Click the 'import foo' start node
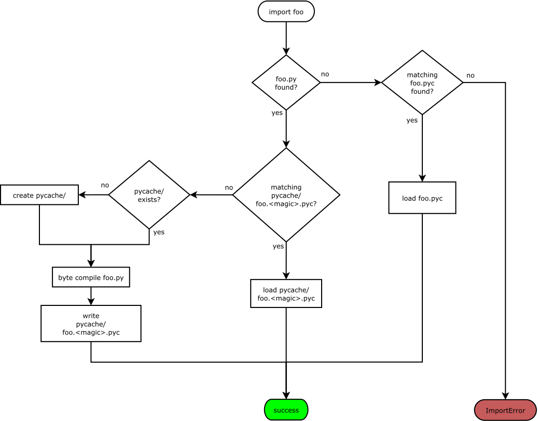point(286,11)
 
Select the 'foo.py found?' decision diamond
point(286,82)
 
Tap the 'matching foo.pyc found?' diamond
point(422,82)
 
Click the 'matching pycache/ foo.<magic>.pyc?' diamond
point(286,195)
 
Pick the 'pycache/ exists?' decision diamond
point(149,195)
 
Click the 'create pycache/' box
point(39,195)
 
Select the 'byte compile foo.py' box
point(91,277)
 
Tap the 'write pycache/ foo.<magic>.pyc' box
point(91,324)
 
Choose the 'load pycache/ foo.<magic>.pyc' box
point(286,293)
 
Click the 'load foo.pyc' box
point(422,198)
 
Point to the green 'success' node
point(286,410)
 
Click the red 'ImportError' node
point(505,410)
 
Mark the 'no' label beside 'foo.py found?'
point(325,74)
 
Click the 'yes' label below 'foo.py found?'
point(277,113)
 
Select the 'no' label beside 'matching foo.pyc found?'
point(470,75)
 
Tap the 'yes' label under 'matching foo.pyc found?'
point(412,120)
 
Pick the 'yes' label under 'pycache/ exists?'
point(159,232)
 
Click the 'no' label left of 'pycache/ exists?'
point(105,185)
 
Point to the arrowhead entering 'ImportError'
point(505,396)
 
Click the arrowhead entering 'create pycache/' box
point(82,195)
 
